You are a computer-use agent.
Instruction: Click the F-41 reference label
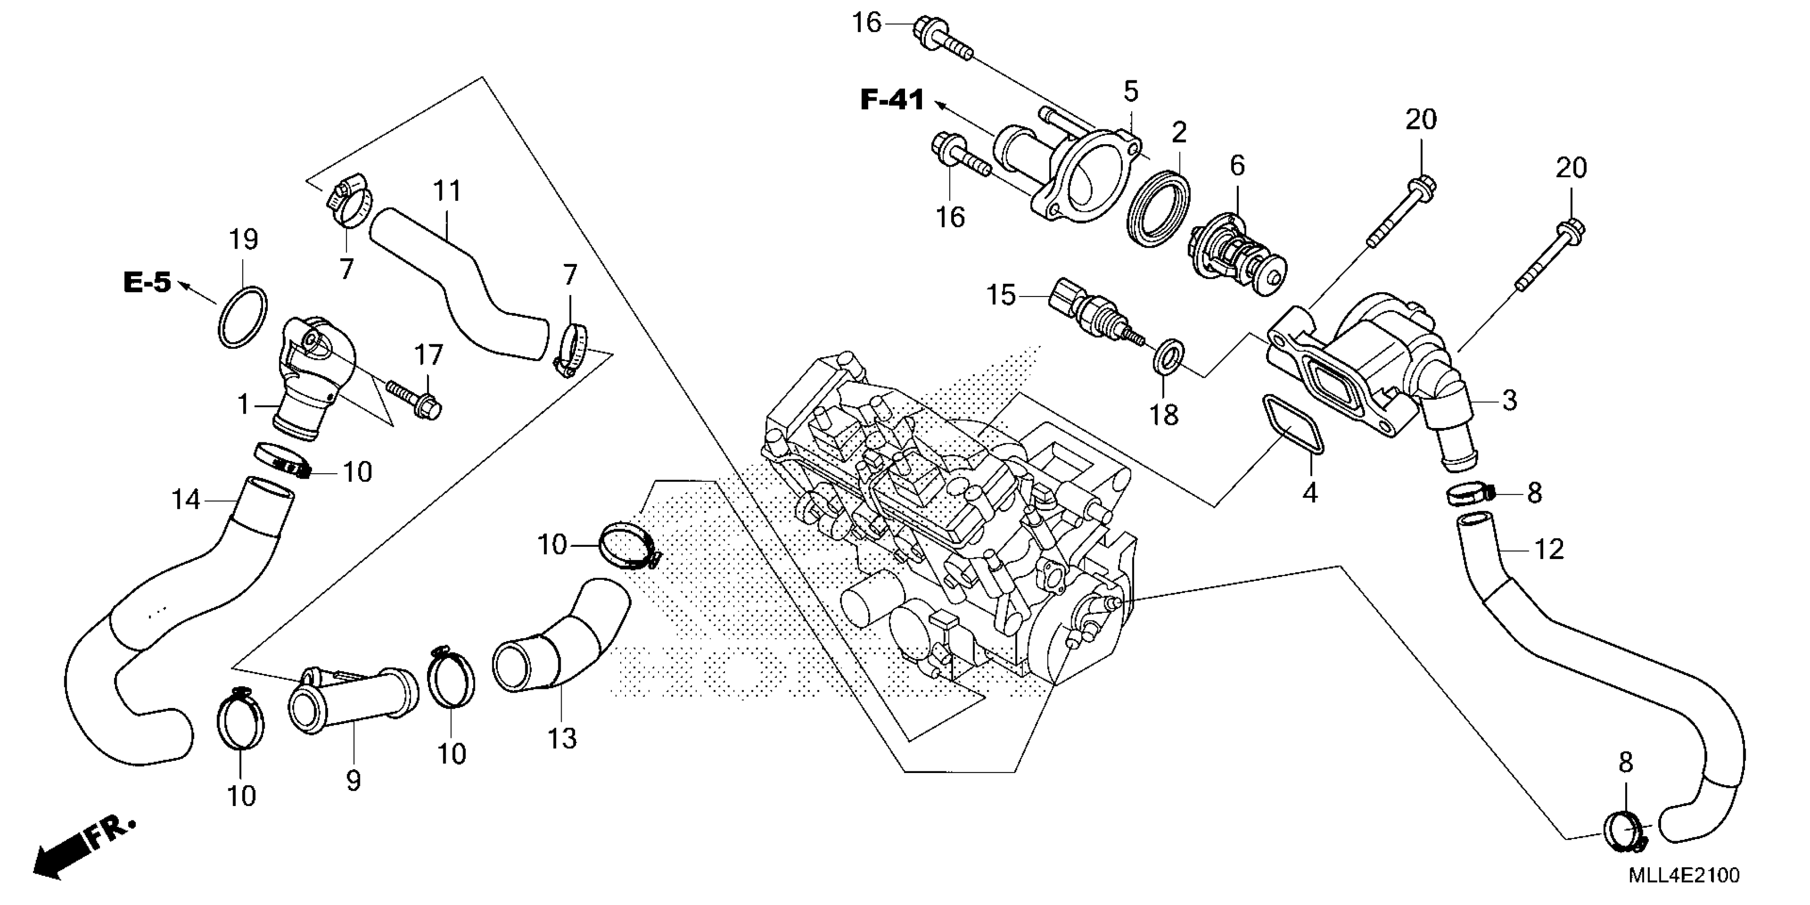pyautogui.click(x=892, y=101)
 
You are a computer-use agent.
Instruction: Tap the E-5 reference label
pyautogui.click(x=147, y=283)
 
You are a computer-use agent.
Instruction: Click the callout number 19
pyautogui.click(x=244, y=240)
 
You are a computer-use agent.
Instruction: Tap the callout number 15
pyautogui.click(x=1001, y=295)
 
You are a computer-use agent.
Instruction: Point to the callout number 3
pyautogui.click(x=1509, y=400)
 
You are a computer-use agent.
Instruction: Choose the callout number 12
pyautogui.click(x=1549, y=549)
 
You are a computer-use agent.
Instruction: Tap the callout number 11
pyautogui.click(x=447, y=191)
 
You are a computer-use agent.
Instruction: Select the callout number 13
pyautogui.click(x=562, y=738)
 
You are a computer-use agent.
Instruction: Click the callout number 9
pyautogui.click(x=353, y=780)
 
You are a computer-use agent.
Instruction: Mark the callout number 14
pyautogui.click(x=186, y=500)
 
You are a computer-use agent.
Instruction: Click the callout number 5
pyautogui.click(x=1131, y=92)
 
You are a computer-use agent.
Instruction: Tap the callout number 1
pyautogui.click(x=243, y=405)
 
